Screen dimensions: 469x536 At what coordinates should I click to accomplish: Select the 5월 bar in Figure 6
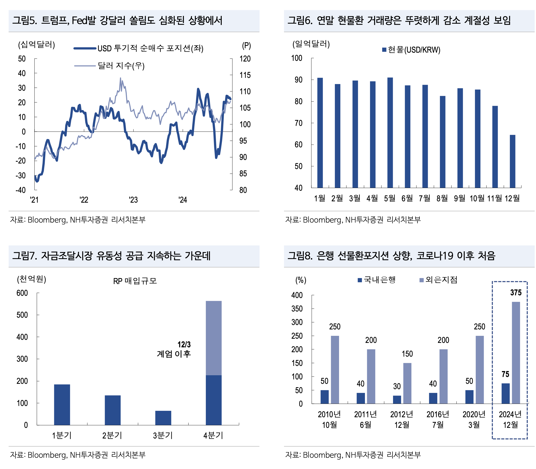pyautogui.click(x=390, y=133)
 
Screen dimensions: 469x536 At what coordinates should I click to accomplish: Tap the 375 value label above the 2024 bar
pyautogui.click(x=516, y=293)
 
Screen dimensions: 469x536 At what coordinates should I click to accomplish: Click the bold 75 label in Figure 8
pyautogui.click(x=505, y=374)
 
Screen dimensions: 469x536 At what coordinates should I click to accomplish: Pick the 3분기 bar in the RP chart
pyautogui.click(x=163, y=418)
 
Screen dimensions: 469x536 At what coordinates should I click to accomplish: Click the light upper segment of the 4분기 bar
pyautogui.click(x=213, y=338)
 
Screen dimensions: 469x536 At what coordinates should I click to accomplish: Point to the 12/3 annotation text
pyautogui.click(x=184, y=344)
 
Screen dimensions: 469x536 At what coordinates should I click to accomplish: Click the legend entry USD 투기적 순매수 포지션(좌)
pyautogui.click(x=150, y=48)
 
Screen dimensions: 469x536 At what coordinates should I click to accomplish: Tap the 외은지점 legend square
pyautogui.click(x=421, y=280)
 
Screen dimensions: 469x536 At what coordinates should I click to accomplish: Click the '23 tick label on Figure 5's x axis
pyautogui.click(x=133, y=200)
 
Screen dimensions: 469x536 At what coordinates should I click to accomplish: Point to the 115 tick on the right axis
pyautogui.click(x=245, y=75)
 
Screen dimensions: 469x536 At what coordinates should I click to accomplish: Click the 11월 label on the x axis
pyautogui.click(x=494, y=198)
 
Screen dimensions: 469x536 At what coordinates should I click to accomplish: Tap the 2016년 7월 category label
pyautogui.click(x=438, y=419)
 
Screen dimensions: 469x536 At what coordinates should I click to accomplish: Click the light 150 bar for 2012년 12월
pyautogui.click(x=407, y=383)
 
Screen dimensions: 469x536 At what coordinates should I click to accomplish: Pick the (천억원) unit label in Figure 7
pyautogui.click(x=31, y=279)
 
